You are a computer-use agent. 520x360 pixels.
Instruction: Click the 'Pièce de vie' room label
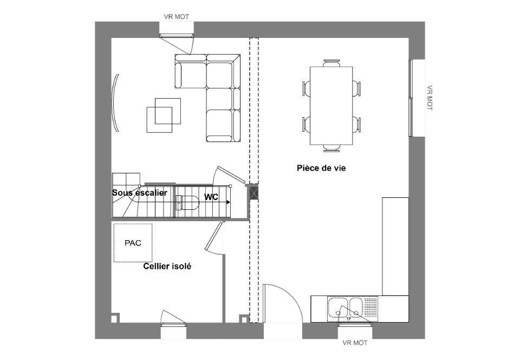[x=321, y=168]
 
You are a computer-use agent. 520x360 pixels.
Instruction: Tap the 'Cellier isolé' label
[x=167, y=266]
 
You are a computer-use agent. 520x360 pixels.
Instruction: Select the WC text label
[x=211, y=197]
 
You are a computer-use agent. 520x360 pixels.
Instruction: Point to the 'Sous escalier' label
[x=139, y=193]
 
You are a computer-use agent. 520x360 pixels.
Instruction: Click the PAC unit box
[x=133, y=243]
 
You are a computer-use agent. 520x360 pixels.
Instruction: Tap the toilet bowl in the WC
[x=187, y=203]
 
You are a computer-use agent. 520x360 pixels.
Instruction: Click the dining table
[x=331, y=106]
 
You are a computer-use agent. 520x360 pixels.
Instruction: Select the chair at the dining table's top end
[x=331, y=63]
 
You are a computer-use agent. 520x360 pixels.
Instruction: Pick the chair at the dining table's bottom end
[x=331, y=149]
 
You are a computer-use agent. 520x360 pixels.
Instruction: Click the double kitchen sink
[x=347, y=308]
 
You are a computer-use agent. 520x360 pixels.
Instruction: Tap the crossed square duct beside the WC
[x=253, y=193]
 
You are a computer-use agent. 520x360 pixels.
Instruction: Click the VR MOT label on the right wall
[x=430, y=98]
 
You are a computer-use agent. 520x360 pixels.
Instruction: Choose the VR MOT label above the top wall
[x=177, y=17]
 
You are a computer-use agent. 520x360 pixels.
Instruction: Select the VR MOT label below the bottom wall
[x=355, y=343]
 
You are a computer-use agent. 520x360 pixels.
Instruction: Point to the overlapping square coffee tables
[x=164, y=115]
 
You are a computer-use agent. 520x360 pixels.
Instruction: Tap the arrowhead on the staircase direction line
[x=228, y=202]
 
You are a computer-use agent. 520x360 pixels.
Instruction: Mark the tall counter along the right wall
[x=395, y=246]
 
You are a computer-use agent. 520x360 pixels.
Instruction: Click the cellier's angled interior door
[x=213, y=236]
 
